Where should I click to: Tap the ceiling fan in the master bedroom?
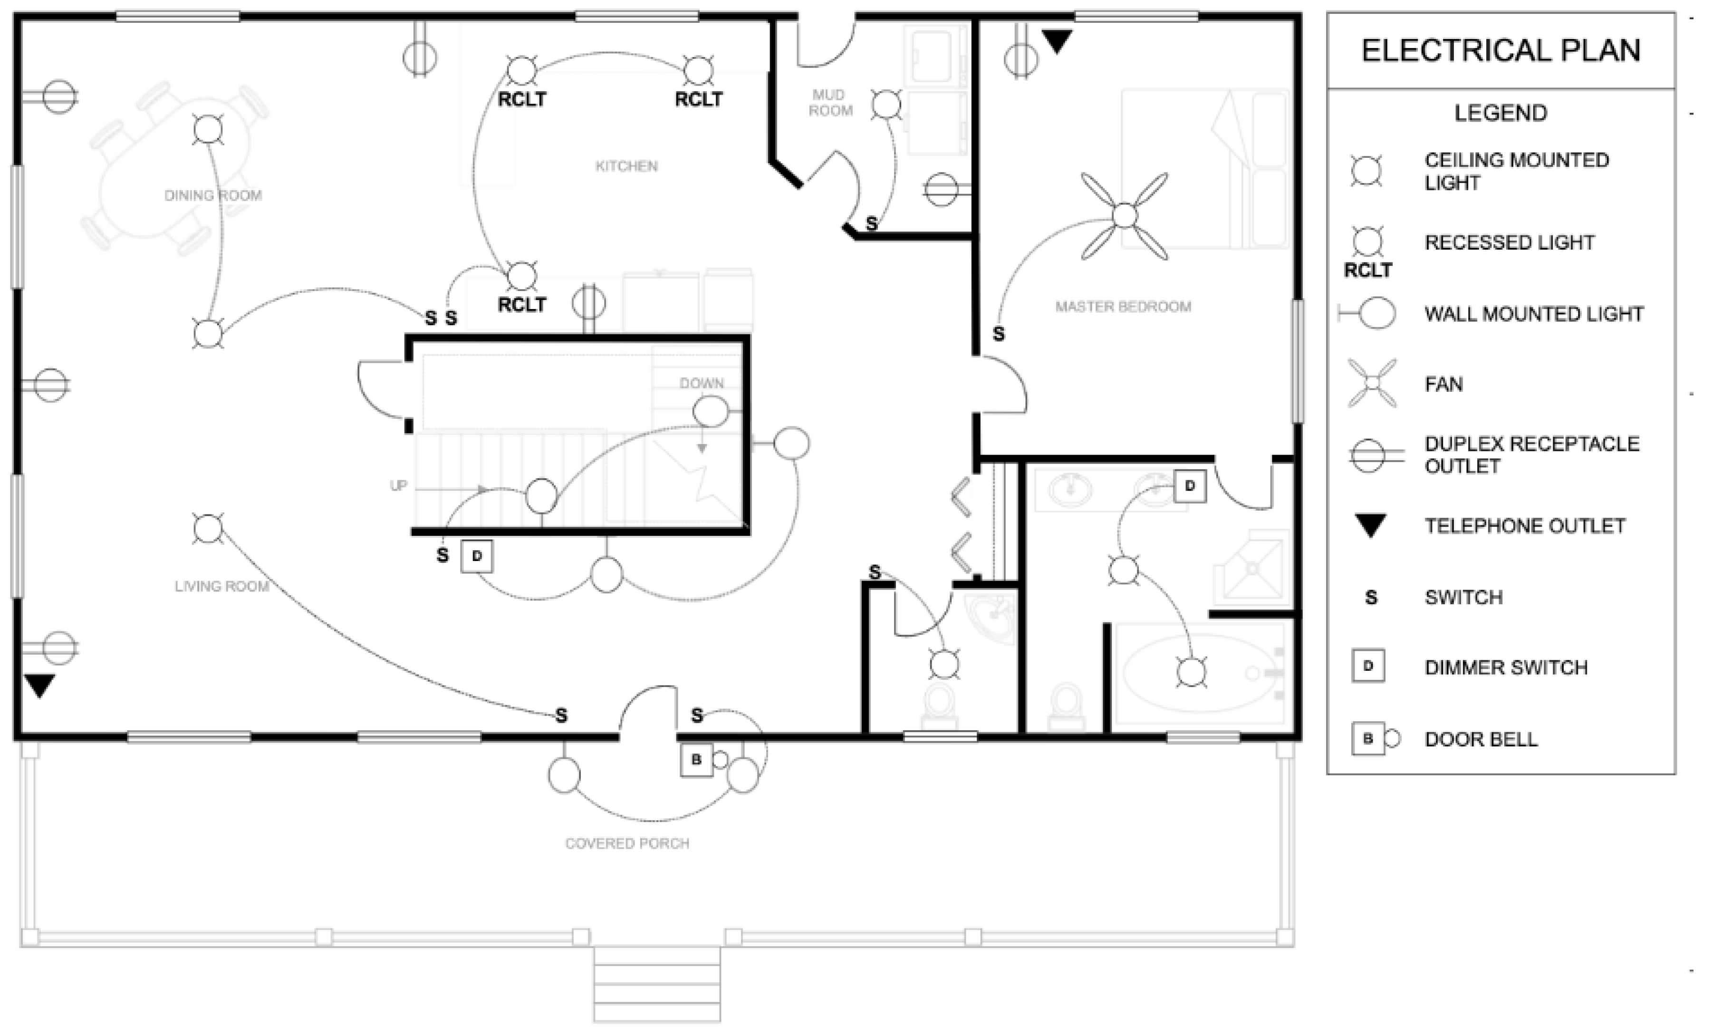(1124, 216)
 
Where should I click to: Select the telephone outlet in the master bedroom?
(1057, 41)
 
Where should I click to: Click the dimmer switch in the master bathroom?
(1190, 486)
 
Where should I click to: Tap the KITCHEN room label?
(626, 166)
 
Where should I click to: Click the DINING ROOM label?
(213, 195)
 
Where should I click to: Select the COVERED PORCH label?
(627, 843)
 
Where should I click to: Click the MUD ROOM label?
(829, 102)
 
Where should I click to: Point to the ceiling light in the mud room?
(886, 105)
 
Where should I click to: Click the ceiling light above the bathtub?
(1192, 672)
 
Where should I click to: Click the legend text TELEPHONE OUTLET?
(1525, 526)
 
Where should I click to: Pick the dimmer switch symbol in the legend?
(1368, 666)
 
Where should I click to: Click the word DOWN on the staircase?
(702, 383)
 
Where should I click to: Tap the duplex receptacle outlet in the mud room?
(942, 189)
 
